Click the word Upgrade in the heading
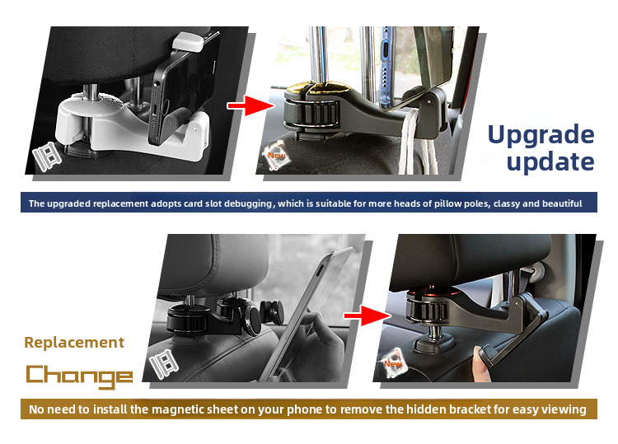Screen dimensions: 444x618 541,134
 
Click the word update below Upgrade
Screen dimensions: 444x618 550,161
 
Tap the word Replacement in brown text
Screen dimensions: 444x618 74,343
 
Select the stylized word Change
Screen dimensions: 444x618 79,376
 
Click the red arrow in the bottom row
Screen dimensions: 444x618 366,314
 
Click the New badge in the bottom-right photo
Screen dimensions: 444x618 394,362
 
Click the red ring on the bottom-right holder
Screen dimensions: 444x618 428,295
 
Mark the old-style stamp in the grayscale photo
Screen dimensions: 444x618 163,362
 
